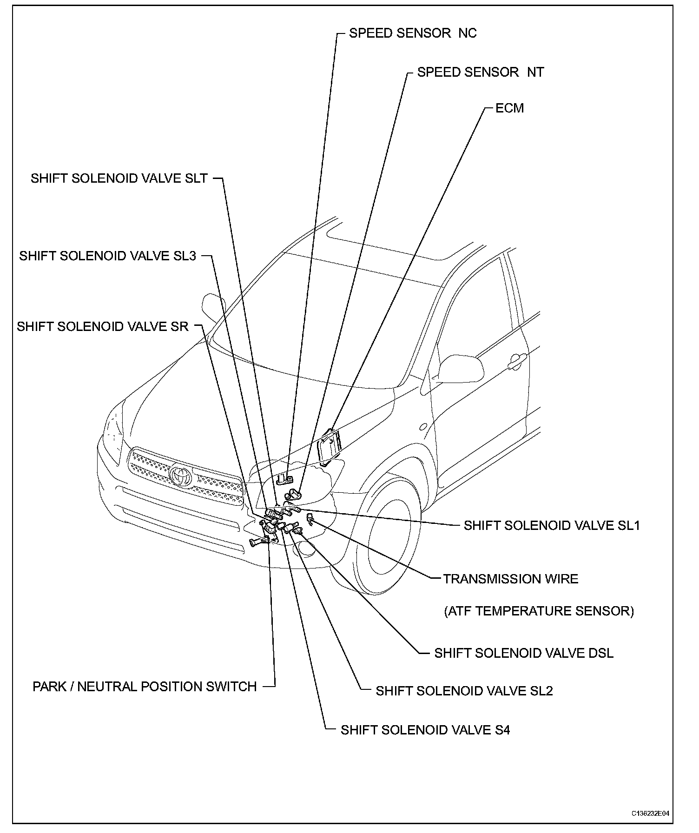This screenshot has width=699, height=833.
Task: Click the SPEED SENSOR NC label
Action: [413, 33]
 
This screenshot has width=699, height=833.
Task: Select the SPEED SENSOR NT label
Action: [480, 73]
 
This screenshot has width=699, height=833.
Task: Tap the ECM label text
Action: [509, 108]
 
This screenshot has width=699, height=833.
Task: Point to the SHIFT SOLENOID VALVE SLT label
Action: [119, 179]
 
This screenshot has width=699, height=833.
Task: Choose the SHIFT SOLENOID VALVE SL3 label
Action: [107, 256]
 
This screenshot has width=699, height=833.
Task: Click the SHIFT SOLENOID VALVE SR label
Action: [103, 327]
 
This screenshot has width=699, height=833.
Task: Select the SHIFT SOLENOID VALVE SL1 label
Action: [552, 525]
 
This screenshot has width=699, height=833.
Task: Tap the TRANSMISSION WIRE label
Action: [510, 579]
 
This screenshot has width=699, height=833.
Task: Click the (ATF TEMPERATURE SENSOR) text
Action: [539, 611]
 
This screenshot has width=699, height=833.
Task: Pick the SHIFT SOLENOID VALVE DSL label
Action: [524, 653]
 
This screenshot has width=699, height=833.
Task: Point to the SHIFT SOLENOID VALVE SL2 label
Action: [464, 691]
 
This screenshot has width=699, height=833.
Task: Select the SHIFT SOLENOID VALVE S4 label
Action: [425, 730]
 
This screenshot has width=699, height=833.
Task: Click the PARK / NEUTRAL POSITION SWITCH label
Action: [145, 687]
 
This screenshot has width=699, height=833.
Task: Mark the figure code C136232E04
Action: [650, 813]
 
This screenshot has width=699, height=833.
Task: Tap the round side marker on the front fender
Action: [423, 426]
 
